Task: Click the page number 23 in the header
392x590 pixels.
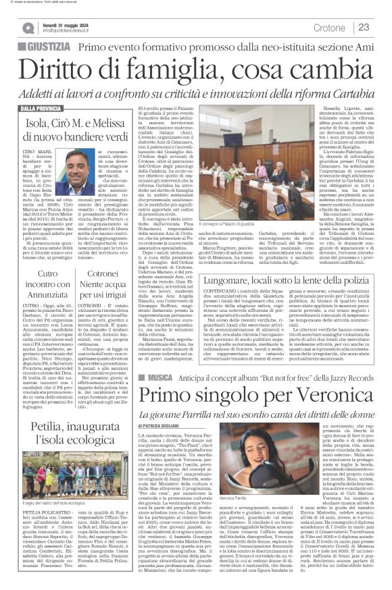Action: [x=364, y=27]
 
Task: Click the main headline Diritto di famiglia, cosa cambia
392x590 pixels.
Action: [x=195, y=70]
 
